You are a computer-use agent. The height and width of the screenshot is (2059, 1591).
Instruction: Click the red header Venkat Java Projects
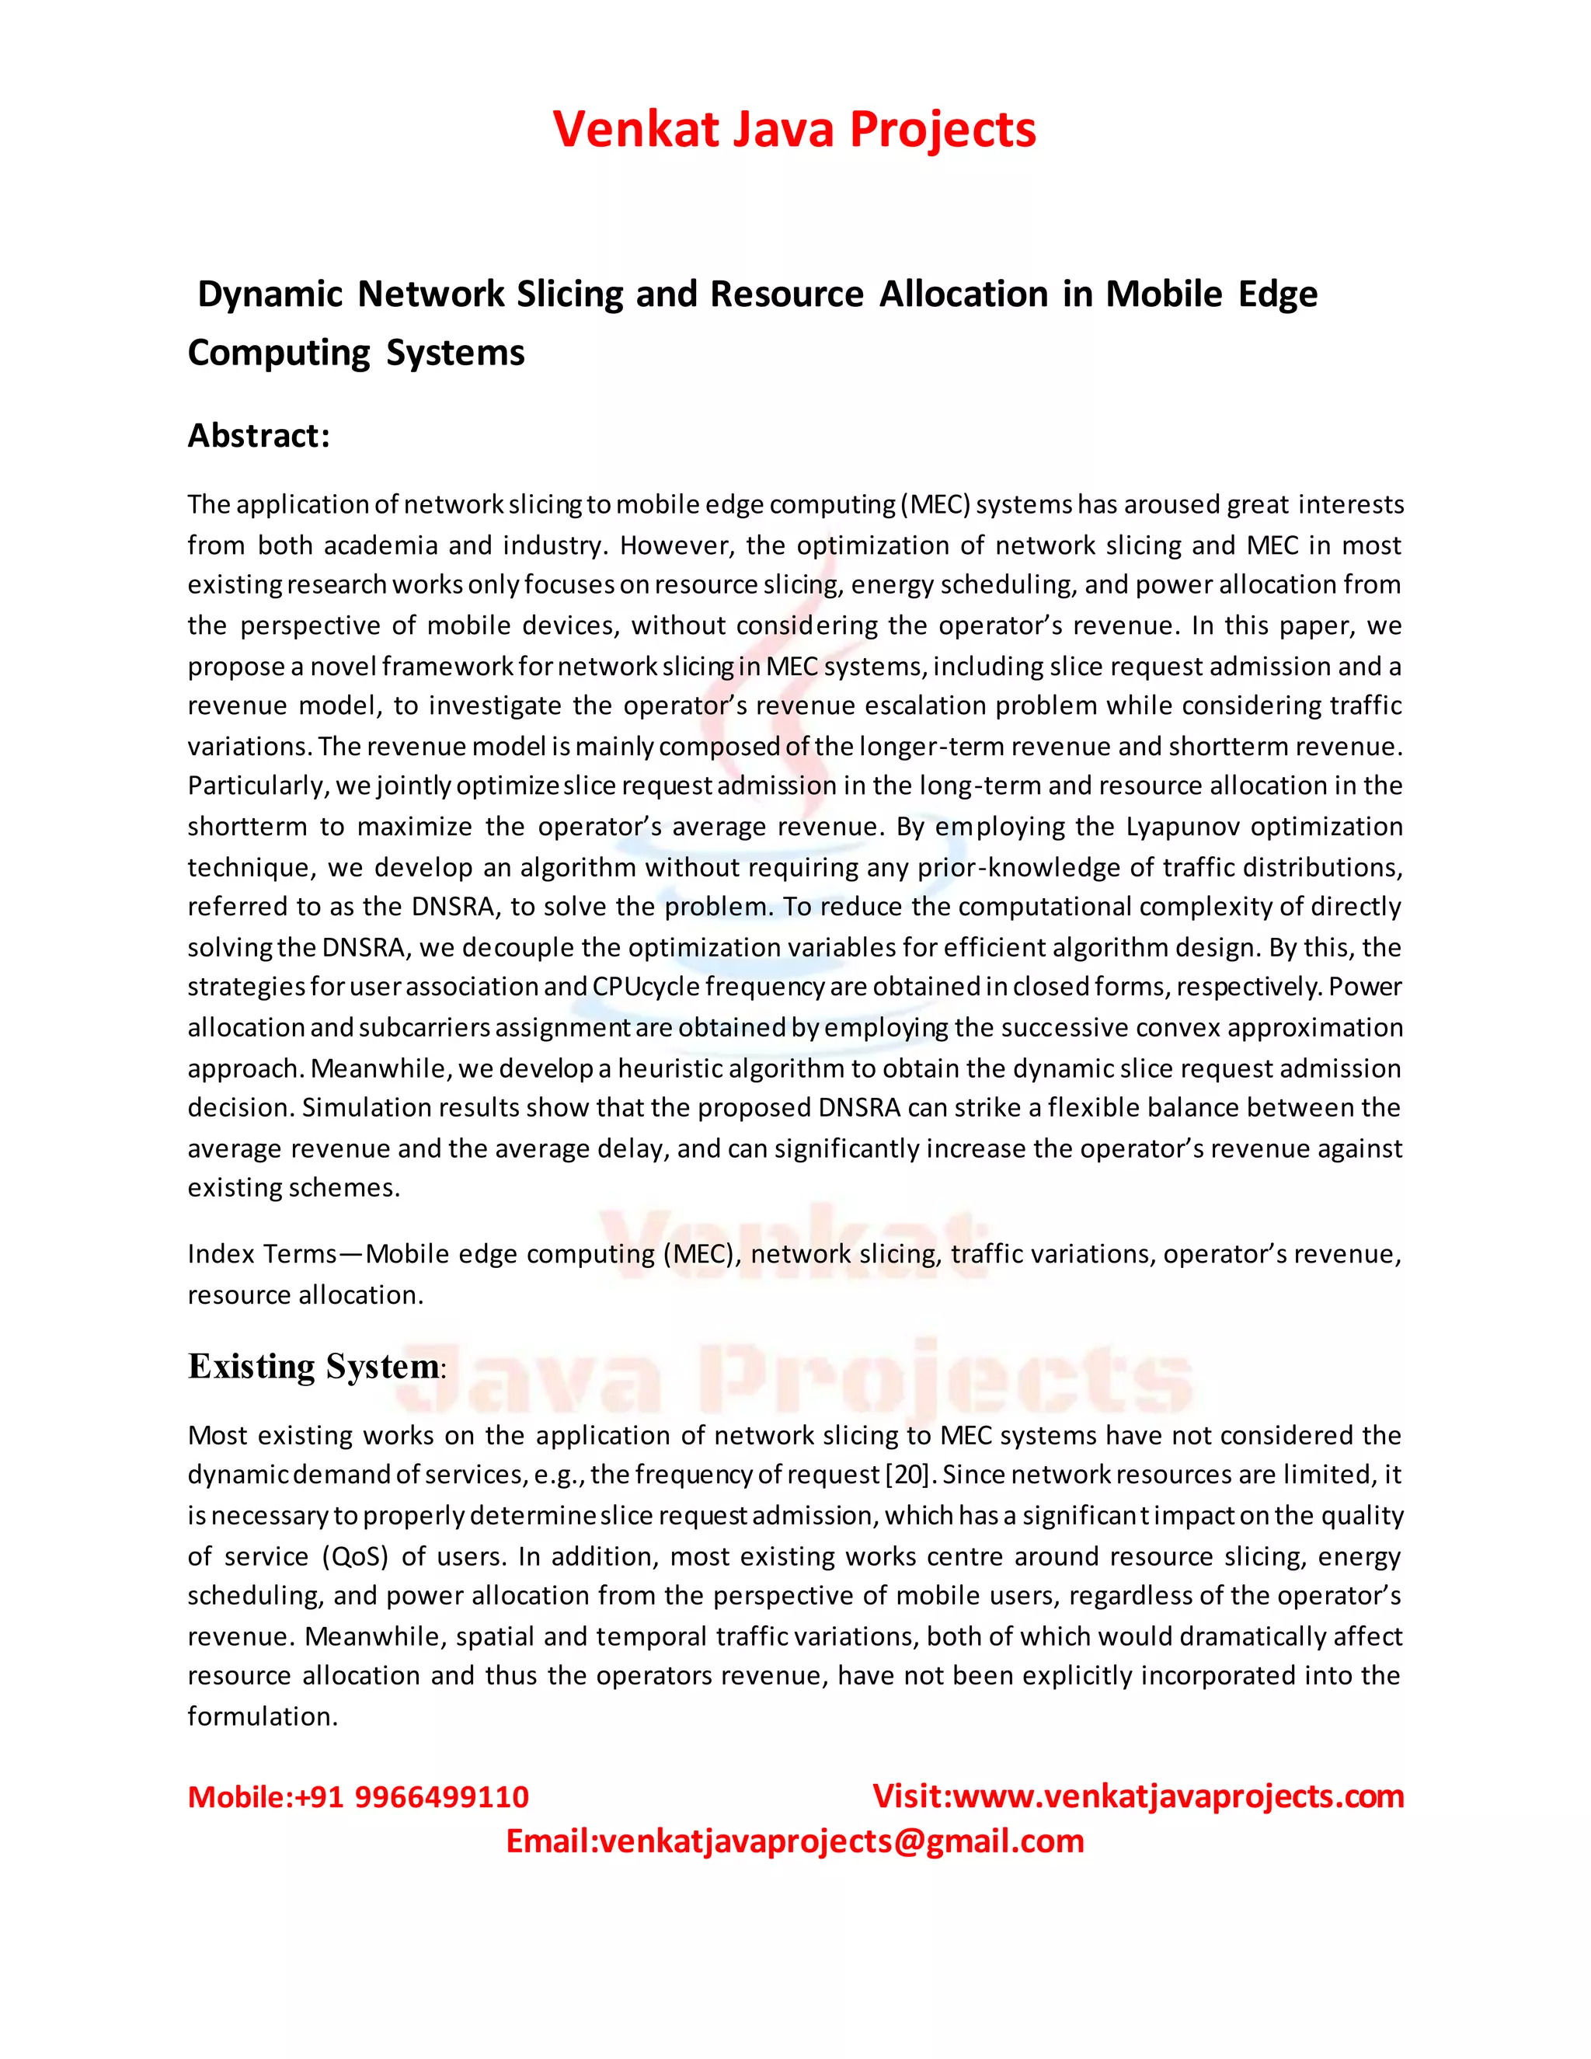795,129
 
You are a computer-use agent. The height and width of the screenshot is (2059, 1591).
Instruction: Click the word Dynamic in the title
270,294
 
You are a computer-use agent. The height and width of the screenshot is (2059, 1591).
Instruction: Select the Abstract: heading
258,436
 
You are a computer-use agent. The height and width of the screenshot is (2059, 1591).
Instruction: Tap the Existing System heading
314,1366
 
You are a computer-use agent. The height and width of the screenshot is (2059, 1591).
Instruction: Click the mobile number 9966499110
441,1797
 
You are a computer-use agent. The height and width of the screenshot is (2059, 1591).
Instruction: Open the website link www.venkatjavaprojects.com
1178,1797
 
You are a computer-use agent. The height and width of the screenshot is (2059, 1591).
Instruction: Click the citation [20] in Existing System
907,1475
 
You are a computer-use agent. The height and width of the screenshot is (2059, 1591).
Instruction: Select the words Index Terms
261,1254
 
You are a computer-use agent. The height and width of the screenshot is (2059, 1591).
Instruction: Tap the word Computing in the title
279,354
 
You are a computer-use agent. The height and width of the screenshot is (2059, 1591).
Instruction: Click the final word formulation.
261,1717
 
